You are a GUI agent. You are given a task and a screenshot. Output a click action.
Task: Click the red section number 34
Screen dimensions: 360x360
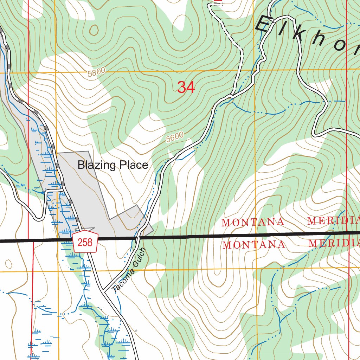click(x=186, y=87)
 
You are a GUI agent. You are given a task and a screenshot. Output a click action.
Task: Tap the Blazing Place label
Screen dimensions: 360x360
click(x=113, y=165)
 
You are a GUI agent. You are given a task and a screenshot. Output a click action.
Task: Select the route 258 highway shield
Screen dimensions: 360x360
click(x=85, y=242)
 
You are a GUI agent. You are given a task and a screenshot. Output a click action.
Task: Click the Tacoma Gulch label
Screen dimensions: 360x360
click(x=128, y=271)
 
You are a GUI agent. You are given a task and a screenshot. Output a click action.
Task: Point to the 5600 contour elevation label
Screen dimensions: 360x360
click(x=175, y=137)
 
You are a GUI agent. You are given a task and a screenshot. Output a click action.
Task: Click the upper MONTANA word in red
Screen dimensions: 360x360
click(x=253, y=222)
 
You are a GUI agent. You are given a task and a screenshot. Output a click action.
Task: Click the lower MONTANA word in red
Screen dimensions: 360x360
click(x=253, y=244)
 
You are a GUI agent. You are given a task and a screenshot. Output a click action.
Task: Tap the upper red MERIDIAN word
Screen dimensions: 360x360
click(x=333, y=221)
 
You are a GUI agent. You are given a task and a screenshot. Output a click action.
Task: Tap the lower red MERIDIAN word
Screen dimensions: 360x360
click(x=334, y=243)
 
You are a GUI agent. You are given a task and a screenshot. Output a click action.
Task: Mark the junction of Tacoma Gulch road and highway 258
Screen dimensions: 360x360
click(x=104, y=291)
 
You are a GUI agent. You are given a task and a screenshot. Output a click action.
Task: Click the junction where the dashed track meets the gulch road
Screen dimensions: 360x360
click(x=232, y=94)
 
